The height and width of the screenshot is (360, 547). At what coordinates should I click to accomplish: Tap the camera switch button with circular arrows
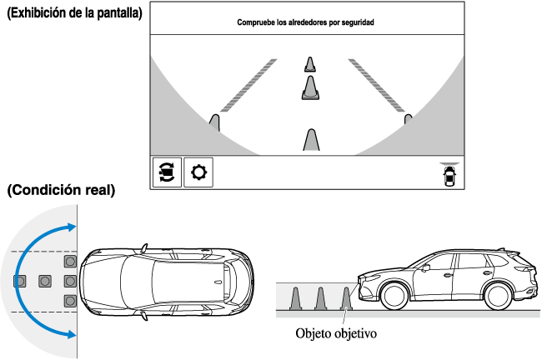166,172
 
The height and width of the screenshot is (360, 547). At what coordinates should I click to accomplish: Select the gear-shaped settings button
198,172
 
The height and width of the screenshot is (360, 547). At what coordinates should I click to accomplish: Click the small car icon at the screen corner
450,176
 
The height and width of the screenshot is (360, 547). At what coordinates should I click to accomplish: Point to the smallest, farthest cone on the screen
309,64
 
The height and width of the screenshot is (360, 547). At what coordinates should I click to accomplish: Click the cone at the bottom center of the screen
311,141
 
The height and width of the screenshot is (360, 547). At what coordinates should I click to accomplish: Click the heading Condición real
61,191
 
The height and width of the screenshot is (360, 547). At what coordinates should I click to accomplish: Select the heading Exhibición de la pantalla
73,14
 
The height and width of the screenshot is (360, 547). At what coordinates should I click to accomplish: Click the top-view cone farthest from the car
19,281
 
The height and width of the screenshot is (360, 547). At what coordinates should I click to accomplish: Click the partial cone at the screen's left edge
214,123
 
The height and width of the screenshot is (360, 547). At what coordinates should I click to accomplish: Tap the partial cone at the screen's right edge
408,120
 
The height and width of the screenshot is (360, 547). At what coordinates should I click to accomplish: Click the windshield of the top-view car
133,281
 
